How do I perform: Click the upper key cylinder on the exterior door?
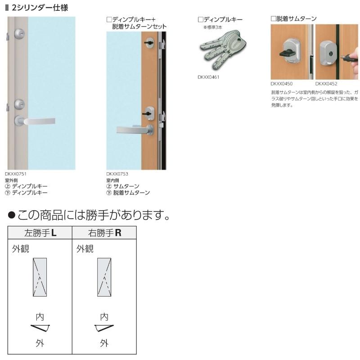pos(19,33)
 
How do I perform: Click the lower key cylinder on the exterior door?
pos(19,104)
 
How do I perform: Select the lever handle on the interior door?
pos(134,130)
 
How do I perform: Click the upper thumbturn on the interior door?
pos(149,43)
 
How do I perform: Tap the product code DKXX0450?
pos(282,83)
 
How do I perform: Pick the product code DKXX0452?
pos(326,83)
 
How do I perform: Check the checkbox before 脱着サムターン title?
pos(273,19)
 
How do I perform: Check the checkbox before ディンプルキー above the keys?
pos(200,19)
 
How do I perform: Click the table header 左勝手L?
pos(40,233)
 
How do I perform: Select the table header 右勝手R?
pos(105,233)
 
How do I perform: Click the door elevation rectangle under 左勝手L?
pos(40,277)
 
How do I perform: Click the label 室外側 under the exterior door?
pos(11,180)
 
